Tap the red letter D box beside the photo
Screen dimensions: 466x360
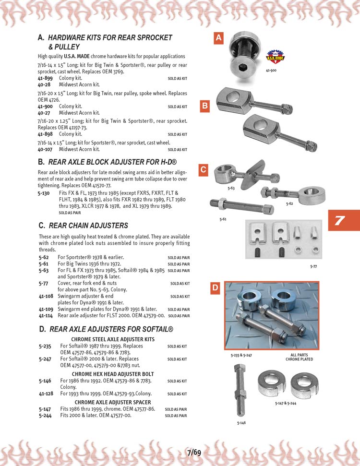point(216,288)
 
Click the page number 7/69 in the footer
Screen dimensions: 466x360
point(194,452)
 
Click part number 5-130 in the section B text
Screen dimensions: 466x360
point(44,193)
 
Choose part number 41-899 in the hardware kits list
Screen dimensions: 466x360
point(45,78)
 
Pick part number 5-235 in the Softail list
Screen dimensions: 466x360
point(45,346)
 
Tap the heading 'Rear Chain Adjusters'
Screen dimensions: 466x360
point(88,226)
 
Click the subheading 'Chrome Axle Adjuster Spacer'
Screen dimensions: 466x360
point(113,402)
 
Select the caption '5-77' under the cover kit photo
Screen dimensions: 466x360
point(313,266)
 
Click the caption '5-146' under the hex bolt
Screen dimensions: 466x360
point(242,423)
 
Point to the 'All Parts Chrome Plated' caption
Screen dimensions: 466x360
point(299,357)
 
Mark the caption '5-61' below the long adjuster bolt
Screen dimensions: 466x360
point(223,219)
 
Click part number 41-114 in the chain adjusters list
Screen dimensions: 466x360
point(46,316)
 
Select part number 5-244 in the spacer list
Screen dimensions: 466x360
point(45,416)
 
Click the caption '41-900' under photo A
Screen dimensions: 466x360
point(272,71)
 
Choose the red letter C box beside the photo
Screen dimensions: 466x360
point(204,169)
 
